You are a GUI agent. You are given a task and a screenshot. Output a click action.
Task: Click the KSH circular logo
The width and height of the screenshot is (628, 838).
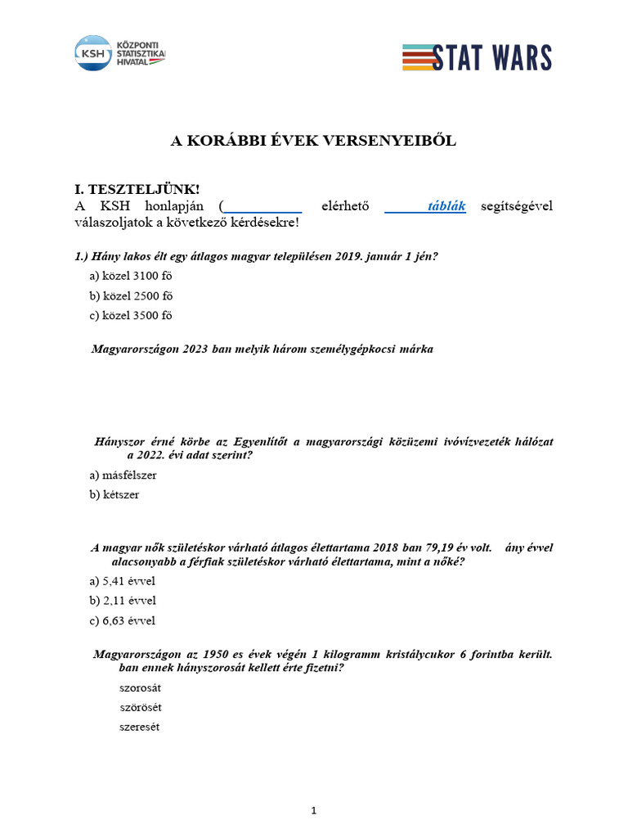(x=92, y=52)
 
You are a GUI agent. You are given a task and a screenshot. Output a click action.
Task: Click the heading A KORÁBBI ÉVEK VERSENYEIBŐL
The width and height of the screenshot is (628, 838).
(x=313, y=141)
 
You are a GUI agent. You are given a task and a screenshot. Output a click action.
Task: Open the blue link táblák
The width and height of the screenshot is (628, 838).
(x=446, y=206)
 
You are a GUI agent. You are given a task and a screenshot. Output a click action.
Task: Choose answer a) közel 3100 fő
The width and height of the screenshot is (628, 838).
(x=131, y=276)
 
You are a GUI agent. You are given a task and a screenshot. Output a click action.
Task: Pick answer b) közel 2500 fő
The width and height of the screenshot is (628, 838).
(x=131, y=295)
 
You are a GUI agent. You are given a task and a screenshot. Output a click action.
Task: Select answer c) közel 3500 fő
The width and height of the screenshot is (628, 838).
(x=131, y=315)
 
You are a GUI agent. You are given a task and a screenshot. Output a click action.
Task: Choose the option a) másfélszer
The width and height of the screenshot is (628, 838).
(x=123, y=475)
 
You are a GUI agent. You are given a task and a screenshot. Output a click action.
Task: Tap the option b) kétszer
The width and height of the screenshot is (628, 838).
(x=114, y=494)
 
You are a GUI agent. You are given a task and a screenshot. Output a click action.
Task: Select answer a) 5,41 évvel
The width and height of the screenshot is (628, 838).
(x=122, y=581)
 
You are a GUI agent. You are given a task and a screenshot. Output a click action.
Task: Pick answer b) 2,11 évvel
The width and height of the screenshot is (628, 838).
(x=122, y=601)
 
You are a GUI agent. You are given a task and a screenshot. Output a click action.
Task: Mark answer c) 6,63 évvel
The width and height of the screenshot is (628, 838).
(x=122, y=620)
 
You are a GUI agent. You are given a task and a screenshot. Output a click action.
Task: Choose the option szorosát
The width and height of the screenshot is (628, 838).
(x=140, y=687)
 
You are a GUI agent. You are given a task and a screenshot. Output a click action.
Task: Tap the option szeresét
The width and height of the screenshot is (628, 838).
(x=140, y=727)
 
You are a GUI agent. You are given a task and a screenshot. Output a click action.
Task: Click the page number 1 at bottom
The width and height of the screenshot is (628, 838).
(x=313, y=810)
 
